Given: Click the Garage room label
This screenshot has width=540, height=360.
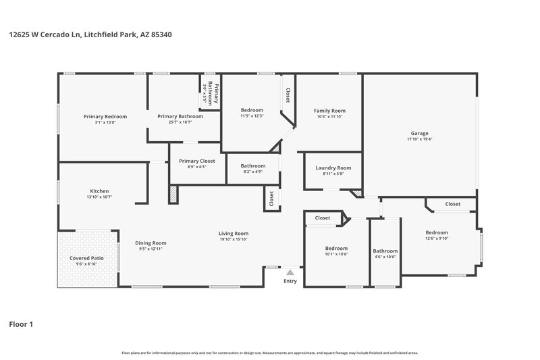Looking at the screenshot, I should tap(420, 133).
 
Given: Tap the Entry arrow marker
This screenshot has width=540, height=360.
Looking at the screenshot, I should tap(290, 272).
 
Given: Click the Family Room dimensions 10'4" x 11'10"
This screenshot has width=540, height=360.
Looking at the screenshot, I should tap(329, 117).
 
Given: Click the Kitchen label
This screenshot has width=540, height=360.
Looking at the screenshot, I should tap(99, 191).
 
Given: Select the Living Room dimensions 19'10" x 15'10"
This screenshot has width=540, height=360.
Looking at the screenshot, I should tap(234, 239).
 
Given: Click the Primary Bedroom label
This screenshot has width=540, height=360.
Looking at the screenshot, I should tap(105, 116).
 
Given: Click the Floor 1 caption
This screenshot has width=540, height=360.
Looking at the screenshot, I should tap(21, 324).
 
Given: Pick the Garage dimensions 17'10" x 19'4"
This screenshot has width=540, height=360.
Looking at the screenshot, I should tap(420, 139).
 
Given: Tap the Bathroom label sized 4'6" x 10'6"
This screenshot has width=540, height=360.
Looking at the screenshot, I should tap(385, 251).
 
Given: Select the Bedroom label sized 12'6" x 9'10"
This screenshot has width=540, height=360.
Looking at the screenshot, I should tap(437, 232).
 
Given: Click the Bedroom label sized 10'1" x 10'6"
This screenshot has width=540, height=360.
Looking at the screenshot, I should tap(336, 248).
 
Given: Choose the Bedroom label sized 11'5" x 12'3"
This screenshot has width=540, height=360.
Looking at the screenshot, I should tap(252, 109).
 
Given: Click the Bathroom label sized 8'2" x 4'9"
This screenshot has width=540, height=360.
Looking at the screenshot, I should tap(253, 165).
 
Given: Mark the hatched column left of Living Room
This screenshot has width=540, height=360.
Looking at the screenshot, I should tap(173, 195).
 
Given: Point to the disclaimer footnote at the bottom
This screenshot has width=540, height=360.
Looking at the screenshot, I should tap(270, 353).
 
